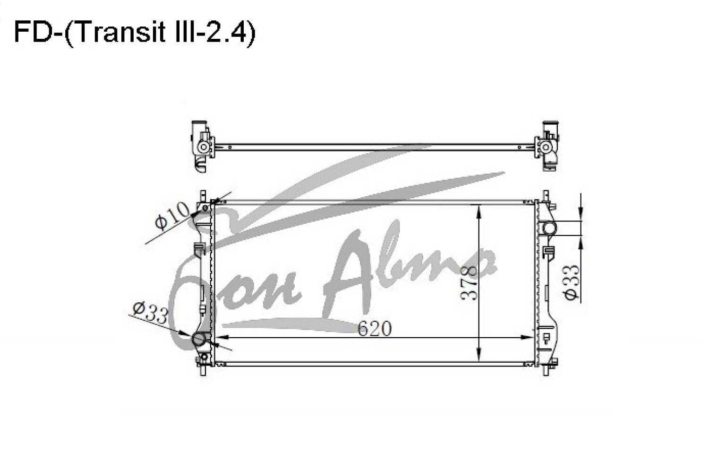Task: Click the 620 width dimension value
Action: [x=375, y=328]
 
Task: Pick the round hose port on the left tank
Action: [x=199, y=340]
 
